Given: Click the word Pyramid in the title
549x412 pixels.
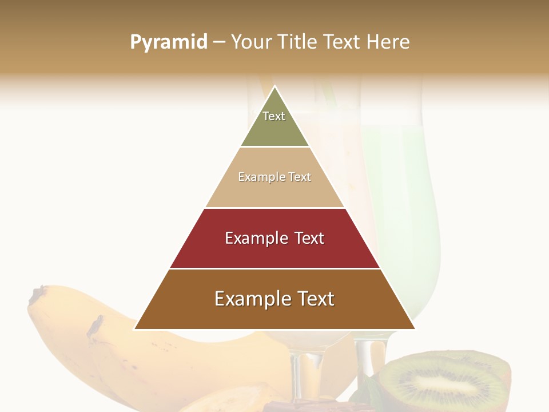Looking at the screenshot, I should [x=169, y=42].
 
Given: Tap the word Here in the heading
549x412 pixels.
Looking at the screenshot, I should [x=388, y=42].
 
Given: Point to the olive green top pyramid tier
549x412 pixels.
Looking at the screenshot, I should [x=274, y=129].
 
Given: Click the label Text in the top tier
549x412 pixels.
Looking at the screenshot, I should [x=274, y=116].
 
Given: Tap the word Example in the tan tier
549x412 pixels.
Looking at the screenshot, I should [x=255, y=177].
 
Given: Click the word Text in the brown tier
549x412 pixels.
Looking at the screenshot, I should [x=313, y=299].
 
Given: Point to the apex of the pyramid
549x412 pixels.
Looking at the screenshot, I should [x=275, y=87].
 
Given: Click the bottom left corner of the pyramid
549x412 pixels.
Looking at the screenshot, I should [x=135, y=328].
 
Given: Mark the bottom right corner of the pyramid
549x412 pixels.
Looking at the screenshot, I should [x=415, y=328].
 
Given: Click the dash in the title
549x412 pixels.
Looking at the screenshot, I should [x=219, y=42].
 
